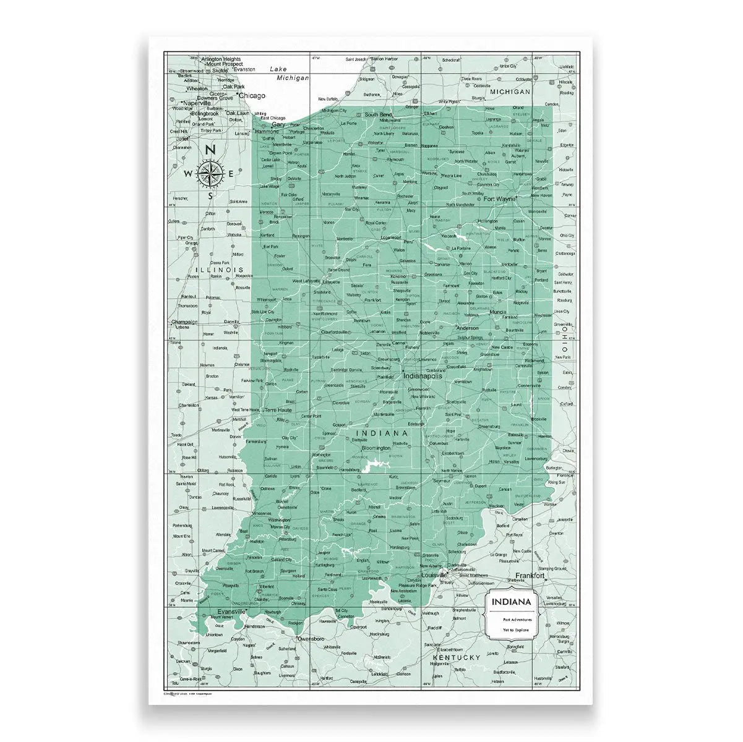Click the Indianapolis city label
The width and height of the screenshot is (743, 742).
coord(423,375)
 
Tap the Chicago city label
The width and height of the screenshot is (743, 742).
coord(251,96)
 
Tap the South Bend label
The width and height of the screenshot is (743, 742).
coord(379,115)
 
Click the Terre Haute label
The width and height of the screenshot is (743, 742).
coord(277,410)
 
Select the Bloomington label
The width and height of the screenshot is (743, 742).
coord(376,448)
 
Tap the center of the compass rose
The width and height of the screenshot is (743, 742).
coord(210,174)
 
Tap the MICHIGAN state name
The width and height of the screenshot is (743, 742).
coord(511,92)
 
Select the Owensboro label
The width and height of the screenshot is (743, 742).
coord(311,638)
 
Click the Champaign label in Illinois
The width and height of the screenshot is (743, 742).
coord(184,322)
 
